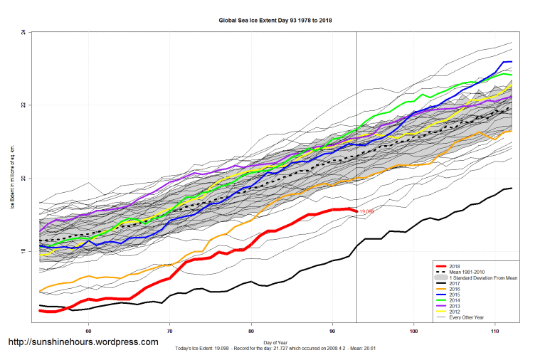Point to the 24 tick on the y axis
point(23,33)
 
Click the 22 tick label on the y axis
point(23,105)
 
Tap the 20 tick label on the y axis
point(23,179)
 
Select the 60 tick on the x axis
point(88,331)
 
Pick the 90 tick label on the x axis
point(332,331)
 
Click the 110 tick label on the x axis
point(495,331)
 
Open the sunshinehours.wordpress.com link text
point(83,342)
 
